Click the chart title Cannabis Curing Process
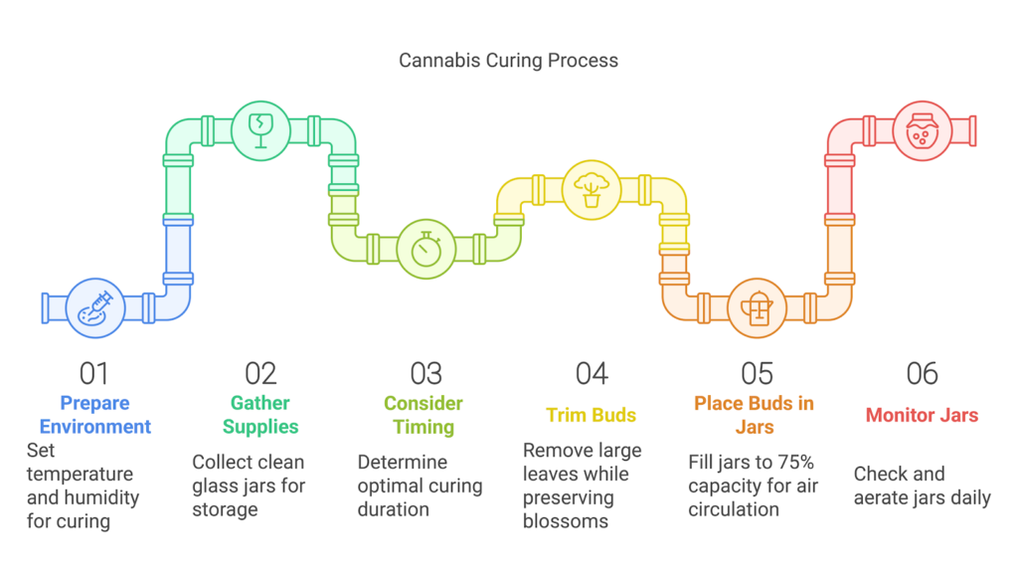point(508,61)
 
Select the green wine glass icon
point(260,130)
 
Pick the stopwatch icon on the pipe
point(426,249)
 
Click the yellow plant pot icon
point(592,189)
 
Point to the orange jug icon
point(758,307)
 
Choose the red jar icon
point(923,130)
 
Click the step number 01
point(94,373)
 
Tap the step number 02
point(260,373)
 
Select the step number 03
point(425,373)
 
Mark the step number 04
point(592,373)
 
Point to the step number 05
point(757,373)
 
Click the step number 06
point(923,373)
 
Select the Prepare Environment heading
point(94,415)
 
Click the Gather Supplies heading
point(260,415)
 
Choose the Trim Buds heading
point(592,415)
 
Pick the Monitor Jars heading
point(923,415)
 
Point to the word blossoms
point(567,522)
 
